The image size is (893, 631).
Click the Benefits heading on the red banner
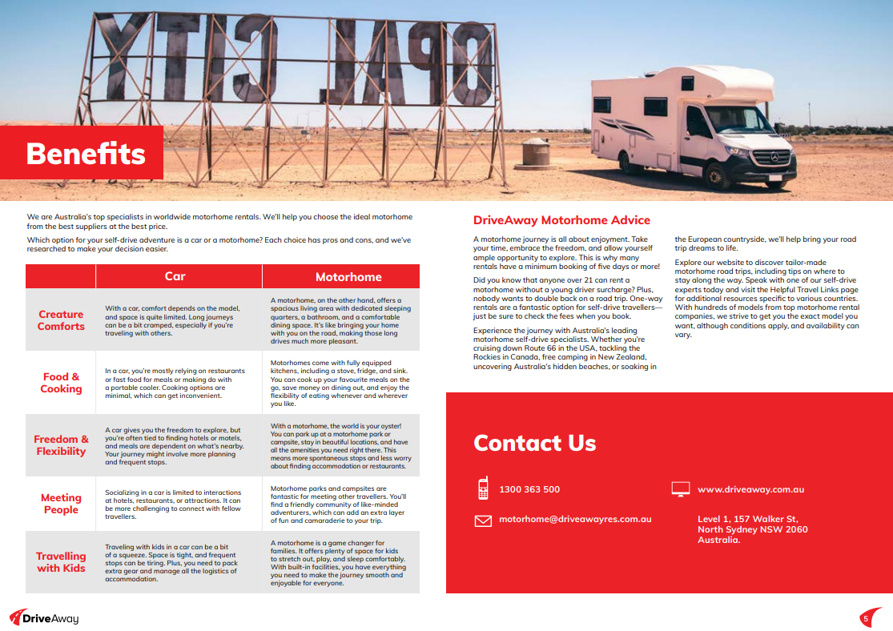tap(86, 153)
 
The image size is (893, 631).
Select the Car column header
tap(175, 276)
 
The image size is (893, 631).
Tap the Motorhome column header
tap(348, 277)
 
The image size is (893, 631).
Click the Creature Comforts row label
tap(61, 320)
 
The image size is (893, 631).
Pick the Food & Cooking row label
tap(61, 383)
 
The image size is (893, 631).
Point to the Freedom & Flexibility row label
tap(61, 445)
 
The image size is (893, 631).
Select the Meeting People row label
tap(61, 504)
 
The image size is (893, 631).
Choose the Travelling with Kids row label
tap(61, 562)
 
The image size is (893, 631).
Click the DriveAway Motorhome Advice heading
tap(561, 220)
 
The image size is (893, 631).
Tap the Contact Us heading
tap(534, 443)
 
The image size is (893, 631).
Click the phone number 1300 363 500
tap(529, 489)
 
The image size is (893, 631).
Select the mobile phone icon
tap(483, 488)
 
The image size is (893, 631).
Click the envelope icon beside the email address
tap(483, 520)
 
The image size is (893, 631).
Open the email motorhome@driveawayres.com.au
tap(575, 519)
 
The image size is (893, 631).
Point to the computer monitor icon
tap(681, 488)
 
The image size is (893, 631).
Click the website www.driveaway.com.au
tap(750, 489)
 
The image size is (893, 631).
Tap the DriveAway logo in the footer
tap(44, 617)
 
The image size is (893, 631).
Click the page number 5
tap(866, 618)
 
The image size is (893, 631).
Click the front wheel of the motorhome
tap(715, 173)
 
